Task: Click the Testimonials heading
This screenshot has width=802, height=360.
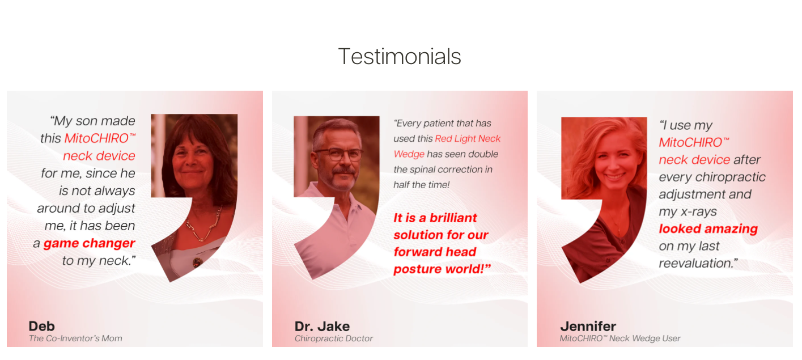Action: coord(400,57)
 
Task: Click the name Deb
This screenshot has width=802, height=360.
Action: coord(41,326)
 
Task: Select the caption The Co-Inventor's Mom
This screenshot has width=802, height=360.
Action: coord(75,338)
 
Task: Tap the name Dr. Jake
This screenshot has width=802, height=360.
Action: coord(322,326)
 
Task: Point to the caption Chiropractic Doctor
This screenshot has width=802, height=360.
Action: coord(334,338)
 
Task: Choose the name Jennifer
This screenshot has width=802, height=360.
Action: coord(588,326)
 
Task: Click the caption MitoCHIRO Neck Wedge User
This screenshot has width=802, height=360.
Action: coord(620,338)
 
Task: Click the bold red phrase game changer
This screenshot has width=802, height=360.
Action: coord(89,243)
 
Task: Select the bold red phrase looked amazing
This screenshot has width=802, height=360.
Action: coord(708,229)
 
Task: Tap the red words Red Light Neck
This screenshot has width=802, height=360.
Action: coord(468,139)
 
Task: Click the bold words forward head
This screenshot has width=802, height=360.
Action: coord(435,252)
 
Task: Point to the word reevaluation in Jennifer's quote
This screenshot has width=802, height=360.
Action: coord(696,263)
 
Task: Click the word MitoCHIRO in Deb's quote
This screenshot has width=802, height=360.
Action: coord(96,138)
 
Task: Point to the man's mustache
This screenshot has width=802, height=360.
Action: coord(343,171)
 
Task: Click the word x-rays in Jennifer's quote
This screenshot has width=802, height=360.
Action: coord(698,211)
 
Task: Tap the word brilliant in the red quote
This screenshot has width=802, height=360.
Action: coord(453,218)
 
